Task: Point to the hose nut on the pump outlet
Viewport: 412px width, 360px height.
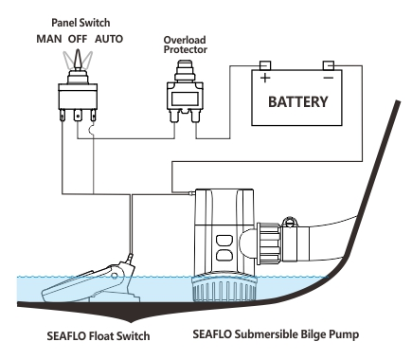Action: click(268, 242)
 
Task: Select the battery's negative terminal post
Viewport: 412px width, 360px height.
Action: click(327, 65)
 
